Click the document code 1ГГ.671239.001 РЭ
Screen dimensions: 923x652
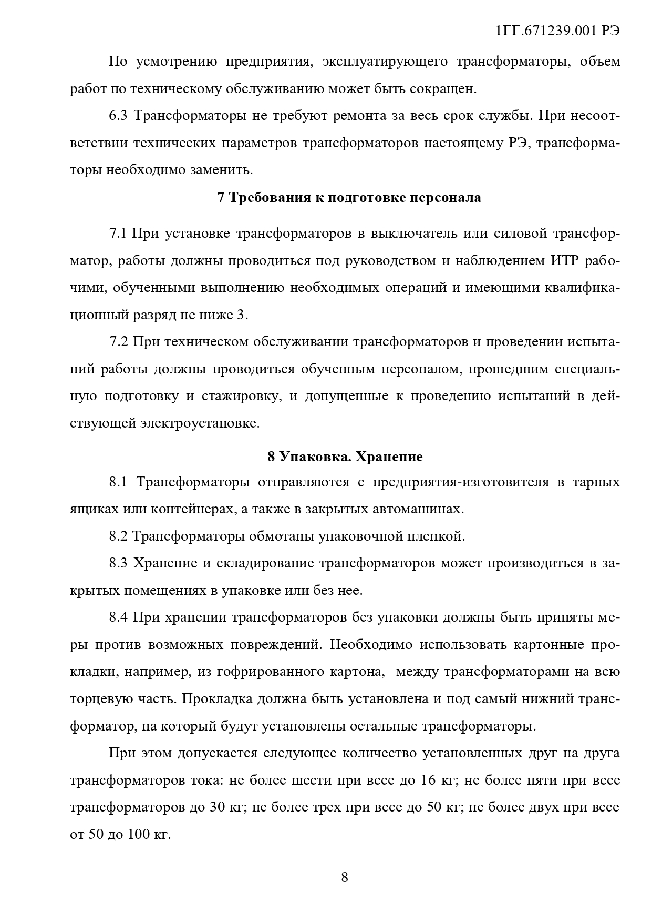pos(557,31)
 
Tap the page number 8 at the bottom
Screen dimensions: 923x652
pos(345,877)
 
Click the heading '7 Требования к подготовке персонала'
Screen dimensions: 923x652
pos(349,198)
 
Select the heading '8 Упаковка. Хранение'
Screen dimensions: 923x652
pos(345,456)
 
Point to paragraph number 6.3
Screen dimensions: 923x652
pos(118,116)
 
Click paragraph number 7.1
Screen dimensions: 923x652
pos(118,234)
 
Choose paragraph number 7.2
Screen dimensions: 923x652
pos(118,342)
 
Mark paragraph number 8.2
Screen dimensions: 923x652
pos(118,536)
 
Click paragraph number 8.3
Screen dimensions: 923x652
pos(118,563)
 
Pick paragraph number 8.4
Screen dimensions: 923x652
pos(118,617)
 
